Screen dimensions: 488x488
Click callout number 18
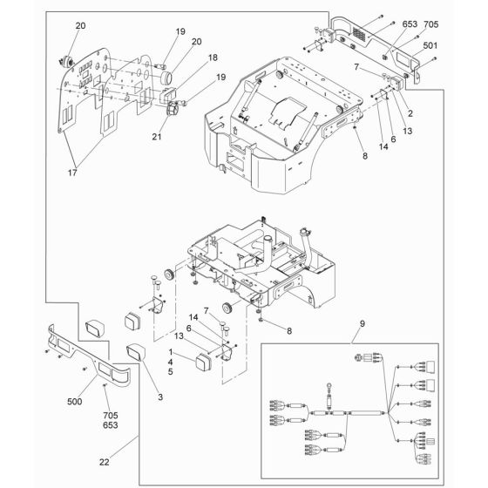click(x=213, y=58)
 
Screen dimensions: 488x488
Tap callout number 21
click(x=157, y=137)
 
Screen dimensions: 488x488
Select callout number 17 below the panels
click(x=72, y=173)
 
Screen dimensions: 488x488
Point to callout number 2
click(x=410, y=113)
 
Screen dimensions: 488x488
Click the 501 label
click(x=430, y=45)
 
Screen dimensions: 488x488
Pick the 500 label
click(x=75, y=402)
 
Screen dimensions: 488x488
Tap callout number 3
click(x=160, y=397)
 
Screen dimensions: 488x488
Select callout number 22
click(x=105, y=463)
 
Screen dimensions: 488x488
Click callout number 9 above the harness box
click(x=362, y=324)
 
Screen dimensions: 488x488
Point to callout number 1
click(x=171, y=352)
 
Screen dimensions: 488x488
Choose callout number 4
click(x=170, y=363)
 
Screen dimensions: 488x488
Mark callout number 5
click(x=170, y=372)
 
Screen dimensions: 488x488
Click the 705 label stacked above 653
click(x=111, y=416)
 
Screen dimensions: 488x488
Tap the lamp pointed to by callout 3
click(x=136, y=352)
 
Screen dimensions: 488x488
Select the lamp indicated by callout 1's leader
click(x=203, y=363)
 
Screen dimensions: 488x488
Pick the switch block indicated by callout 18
click(x=167, y=94)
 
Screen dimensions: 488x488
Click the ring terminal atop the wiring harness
click(x=329, y=387)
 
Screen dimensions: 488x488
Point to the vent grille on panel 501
click(x=359, y=34)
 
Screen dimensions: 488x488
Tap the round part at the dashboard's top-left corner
click(x=66, y=61)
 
